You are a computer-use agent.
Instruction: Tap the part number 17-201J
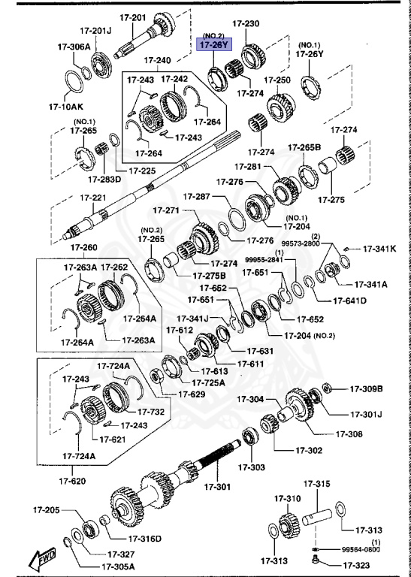pyautogui.click(x=95, y=30)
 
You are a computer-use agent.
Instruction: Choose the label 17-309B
pyautogui.click(x=366, y=388)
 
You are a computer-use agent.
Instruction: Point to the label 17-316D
pyautogui.click(x=145, y=539)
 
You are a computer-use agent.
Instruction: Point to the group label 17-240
pyautogui.click(x=157, y=60)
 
